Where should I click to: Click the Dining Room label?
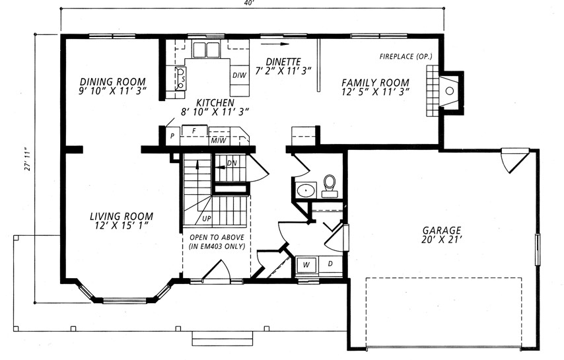click(x=112, y=86)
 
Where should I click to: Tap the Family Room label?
click(x=375, y=87)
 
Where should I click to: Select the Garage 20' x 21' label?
click(x=441, y=234)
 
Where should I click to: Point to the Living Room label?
click(x=122, y=221)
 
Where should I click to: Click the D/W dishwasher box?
click(x=239, y=75)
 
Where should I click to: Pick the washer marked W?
click(x=306, y=265)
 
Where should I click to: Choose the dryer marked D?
click(x=330, y=264)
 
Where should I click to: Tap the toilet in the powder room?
click(x=330, y=186)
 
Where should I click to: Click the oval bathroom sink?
click(x=306, y=190)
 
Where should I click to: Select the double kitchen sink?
click(x=206, y=50)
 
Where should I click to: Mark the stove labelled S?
click(x=180, y=79)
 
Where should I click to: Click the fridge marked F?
click(x=195, y=131)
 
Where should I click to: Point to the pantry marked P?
click(x=172, y=136)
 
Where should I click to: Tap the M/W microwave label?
click(x=219, y=140)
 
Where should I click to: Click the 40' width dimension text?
click(x=249, y=3)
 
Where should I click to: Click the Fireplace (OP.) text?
click(x=405, y=56)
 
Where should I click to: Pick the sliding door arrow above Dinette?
click(x=275, y=44)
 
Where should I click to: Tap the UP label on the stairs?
click(x=207, y=218)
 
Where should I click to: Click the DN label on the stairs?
click(x=232, y=163)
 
